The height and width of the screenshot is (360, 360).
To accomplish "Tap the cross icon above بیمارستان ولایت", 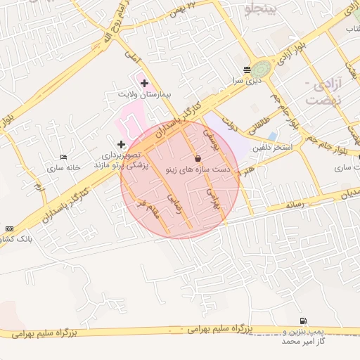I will coord(145,83).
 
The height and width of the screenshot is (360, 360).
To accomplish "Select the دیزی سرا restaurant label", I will coord(247,80).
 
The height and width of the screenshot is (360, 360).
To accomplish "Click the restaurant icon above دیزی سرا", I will coord(247,70).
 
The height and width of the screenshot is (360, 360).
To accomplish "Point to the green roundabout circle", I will coord(262,69).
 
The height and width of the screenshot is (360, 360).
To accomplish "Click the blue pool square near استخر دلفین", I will coord(272,136).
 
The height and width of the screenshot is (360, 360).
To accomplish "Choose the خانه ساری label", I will coord(65,168).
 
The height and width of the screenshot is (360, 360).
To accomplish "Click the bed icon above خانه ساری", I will coord(64,157).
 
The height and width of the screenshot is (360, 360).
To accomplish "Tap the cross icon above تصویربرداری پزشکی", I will coord(121,144).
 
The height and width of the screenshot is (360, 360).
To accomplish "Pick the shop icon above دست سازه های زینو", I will coord(196,159).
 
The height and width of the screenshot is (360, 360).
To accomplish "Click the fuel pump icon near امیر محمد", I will coord(303,321).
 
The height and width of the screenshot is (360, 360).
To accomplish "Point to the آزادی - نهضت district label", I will coord(324,91).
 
